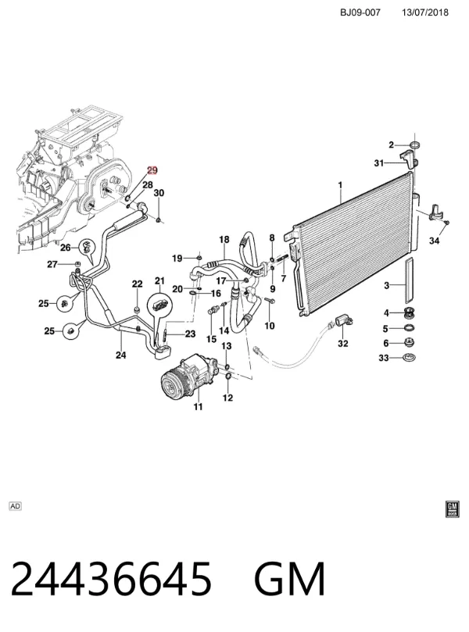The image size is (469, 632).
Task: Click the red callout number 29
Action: click(152, 170)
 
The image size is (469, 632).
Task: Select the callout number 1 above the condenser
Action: click(340, 185)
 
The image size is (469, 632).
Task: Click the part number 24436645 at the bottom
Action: click(110, 578)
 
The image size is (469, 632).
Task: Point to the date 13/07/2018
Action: click(424, 12)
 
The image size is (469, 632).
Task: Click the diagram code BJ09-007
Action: click(360, 12)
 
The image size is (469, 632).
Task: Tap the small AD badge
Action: click(15, 506)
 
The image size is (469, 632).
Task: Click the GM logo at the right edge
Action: click(453, 509)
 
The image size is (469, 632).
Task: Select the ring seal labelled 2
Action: click(414, 145)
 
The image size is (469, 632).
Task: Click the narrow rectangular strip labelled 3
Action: click(409, 281)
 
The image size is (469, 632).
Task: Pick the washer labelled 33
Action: click(410, 358)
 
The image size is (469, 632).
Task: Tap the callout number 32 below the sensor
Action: click(343, 344)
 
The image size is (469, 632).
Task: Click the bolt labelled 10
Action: click(270, 300)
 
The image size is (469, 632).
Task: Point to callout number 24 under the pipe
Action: click(120, 355)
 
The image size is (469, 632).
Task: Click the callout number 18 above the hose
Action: click(224, 239)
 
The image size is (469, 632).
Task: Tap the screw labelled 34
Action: click(447, 223)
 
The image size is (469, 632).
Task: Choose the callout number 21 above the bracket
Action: click(159, 280)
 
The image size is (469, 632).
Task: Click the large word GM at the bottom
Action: click(289, 578)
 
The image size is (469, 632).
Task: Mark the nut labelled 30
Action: click(159, 220)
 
